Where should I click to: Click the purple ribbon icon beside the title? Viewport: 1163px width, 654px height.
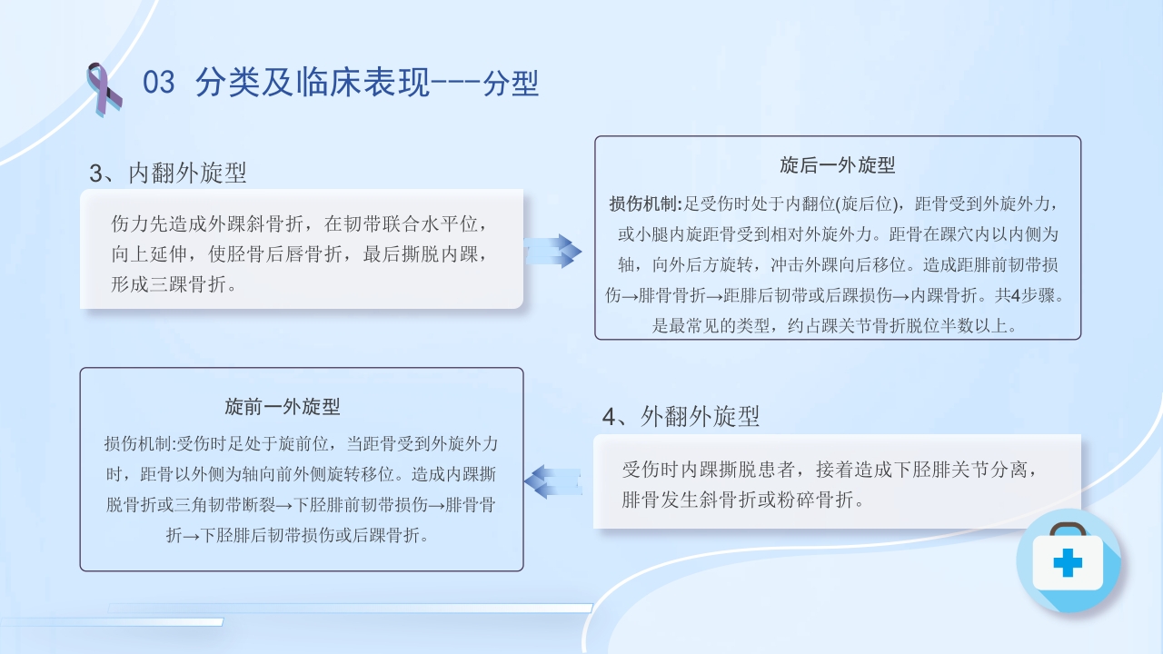104,88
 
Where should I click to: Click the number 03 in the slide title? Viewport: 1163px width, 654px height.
158,83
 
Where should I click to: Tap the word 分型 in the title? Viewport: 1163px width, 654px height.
512,84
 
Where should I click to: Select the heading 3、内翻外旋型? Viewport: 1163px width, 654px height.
168,173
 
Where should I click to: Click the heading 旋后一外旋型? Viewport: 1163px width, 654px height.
838,165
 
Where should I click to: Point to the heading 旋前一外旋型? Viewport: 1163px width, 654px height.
283,407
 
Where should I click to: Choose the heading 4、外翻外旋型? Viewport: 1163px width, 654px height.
681,416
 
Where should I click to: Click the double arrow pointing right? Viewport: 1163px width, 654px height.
553,250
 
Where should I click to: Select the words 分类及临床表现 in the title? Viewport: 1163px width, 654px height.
308,83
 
